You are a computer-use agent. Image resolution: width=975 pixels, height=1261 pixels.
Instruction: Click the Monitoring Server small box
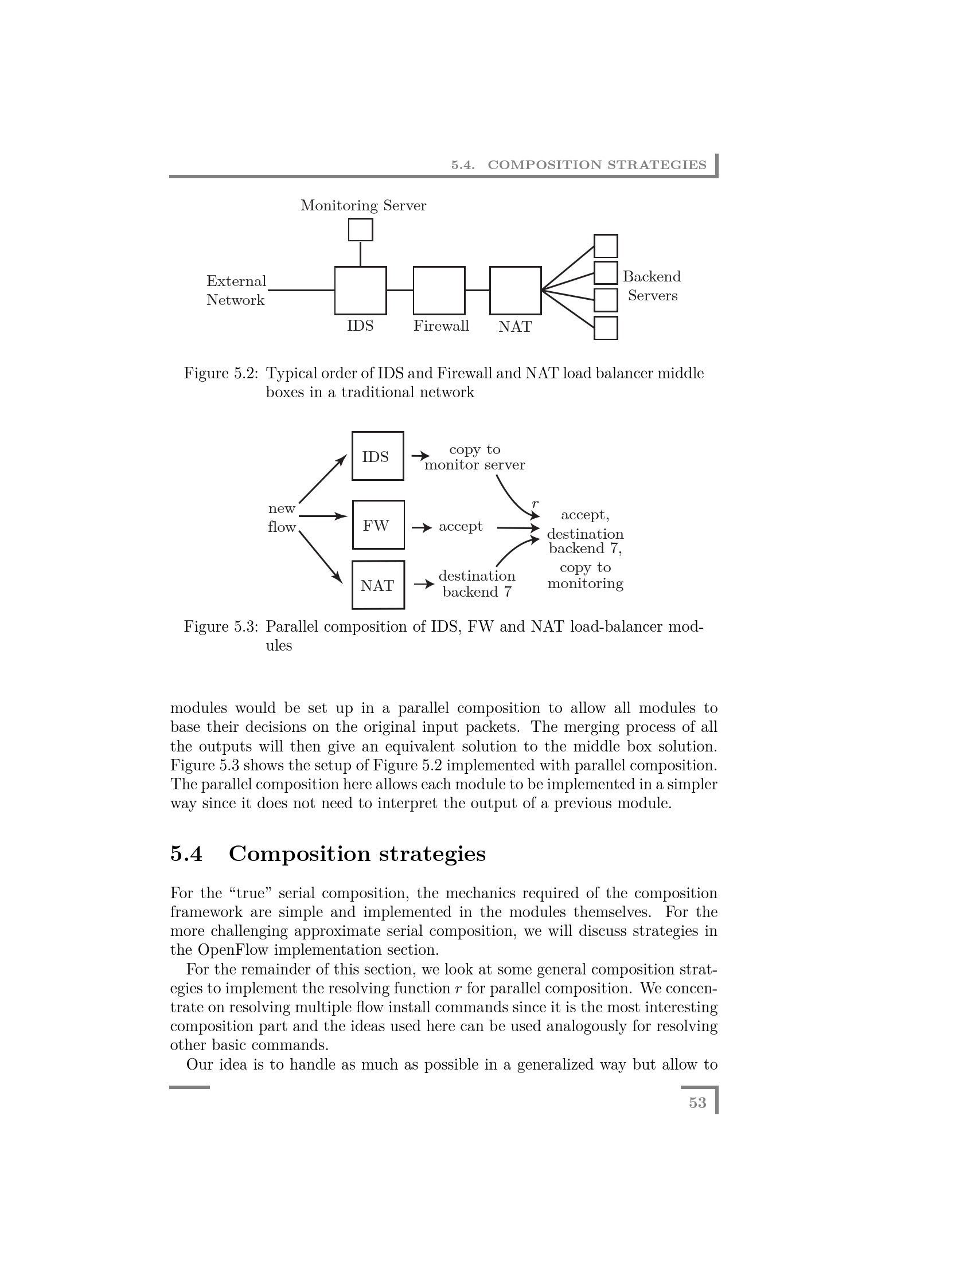coord(360,230)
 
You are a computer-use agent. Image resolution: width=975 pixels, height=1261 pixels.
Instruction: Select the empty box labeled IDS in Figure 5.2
coord(360,291)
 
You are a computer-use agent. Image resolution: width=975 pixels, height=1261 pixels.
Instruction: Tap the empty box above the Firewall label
coord(439,291)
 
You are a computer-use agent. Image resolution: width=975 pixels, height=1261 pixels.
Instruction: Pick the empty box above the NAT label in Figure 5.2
coord(515,291)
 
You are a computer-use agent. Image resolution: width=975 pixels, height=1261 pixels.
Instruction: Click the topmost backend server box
coord(606,246)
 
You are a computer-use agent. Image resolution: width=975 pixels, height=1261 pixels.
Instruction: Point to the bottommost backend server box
coord(606,328)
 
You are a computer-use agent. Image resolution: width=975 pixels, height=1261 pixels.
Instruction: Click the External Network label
coord(236,291)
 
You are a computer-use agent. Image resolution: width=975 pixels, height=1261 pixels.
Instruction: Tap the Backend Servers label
coord(652,286)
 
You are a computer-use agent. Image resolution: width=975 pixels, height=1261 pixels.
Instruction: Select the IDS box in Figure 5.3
coord(378,456)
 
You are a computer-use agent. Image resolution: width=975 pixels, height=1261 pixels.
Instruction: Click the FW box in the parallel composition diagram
coord(379,525)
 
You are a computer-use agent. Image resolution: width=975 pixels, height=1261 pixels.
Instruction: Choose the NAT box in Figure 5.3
coord(379,585)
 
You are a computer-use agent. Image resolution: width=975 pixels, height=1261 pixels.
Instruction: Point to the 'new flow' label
coord(282,518)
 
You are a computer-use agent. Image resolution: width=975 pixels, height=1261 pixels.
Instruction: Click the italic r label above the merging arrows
coord(535,503)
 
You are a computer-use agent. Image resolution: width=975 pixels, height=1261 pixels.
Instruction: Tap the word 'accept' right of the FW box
coord(461,527)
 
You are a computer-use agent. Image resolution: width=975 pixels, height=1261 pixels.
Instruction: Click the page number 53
coord(697,1103)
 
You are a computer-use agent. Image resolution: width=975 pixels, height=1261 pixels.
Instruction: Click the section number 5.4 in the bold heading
coord(186,853)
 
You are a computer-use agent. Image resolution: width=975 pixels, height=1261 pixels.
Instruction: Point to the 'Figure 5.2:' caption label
coord(221,374)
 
